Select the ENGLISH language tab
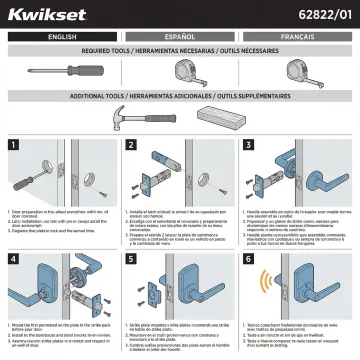[61, 35]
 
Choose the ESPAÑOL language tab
[180, 35]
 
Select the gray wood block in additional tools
[217, 110]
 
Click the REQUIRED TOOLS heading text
[180, 49]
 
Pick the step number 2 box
[131, 146]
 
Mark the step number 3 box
[249, 146]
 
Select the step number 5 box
[131, 259]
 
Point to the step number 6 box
[249, 259]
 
